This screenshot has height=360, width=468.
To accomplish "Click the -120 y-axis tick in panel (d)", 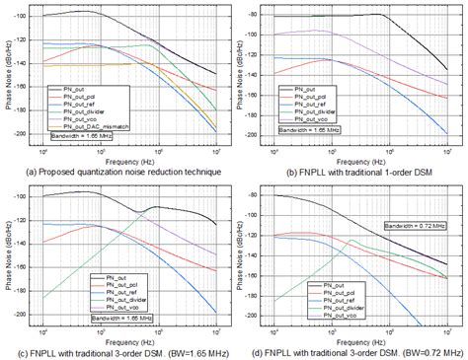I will coord(260,234).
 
